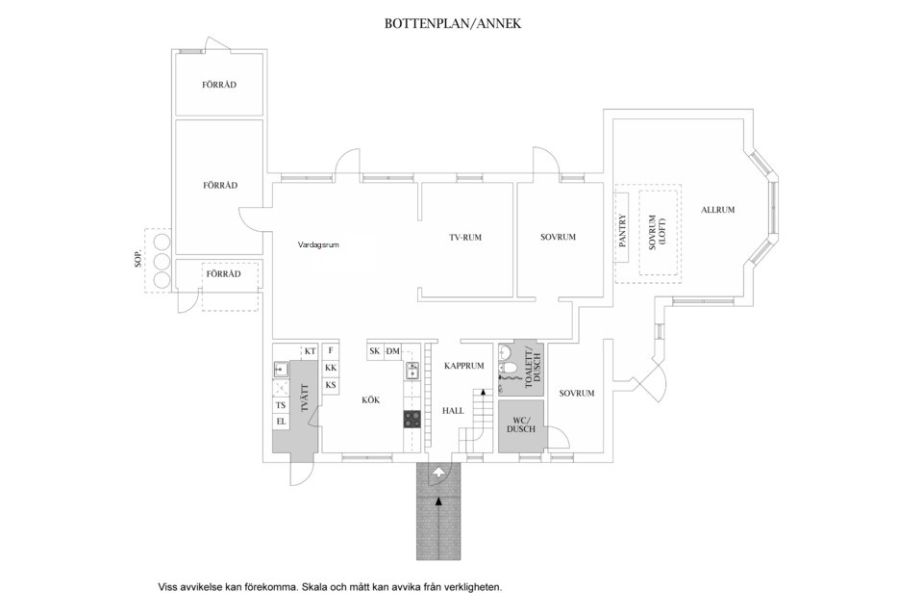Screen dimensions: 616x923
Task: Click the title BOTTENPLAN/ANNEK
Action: (453, 23)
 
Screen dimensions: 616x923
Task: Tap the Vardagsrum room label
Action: (318, 244)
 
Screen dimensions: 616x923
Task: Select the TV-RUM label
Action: (465, 237)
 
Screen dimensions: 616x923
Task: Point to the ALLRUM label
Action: (718, 209)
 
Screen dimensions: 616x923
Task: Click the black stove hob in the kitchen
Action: (412, 419)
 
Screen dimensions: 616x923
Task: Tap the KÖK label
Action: (371, 399)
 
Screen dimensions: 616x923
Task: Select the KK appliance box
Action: (331, 369)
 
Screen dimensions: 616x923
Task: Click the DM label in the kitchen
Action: (392, 352)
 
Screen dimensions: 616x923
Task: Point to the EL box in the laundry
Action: (282, 422)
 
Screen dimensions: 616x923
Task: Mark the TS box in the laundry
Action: (282, 405)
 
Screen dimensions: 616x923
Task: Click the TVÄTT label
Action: (302, 398)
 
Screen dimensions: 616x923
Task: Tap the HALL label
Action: (454, 411)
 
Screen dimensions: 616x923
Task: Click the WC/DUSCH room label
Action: (521, 424)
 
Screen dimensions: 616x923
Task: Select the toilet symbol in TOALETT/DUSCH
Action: (510, 367)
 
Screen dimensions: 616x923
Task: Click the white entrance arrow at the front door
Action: (439, 472)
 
